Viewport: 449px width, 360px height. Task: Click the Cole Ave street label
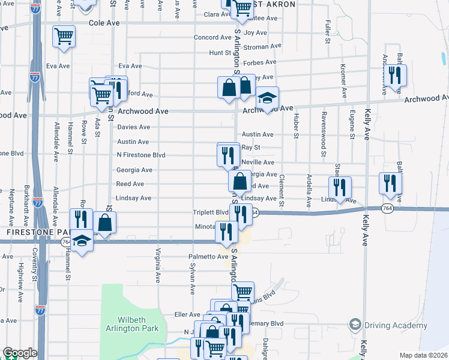click(104, 23)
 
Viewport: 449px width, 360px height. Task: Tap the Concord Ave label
click(209, 37)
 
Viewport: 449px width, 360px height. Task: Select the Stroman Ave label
click(263, 46)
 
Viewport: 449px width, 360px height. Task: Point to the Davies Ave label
click(133, 127)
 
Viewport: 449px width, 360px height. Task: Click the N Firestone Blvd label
click(140, 155)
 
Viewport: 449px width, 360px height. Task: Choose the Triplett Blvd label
click(210, 212)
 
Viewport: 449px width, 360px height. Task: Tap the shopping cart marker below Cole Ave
click(63, 37)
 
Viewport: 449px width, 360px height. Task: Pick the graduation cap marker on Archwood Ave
click(267, 98)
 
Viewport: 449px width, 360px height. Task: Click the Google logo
click(20, 353)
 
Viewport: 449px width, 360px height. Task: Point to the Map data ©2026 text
click(423, 355)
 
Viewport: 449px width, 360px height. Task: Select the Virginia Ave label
click(158, 266)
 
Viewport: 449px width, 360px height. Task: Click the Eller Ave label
click(186, 314)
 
